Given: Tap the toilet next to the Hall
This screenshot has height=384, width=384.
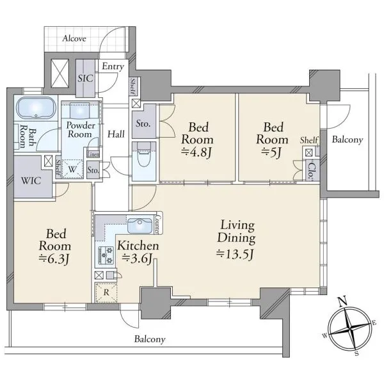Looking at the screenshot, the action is [x=144, y=155].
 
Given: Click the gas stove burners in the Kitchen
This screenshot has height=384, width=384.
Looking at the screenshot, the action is [x=106, y=255].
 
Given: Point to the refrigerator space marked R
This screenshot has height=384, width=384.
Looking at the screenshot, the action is [x=106, y=292].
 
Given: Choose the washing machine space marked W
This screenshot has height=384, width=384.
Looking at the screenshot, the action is [x=72, y=169].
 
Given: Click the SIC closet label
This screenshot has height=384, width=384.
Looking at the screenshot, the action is [x=85, y=78].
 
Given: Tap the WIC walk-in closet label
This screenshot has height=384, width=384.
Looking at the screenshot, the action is [x=31, y=180].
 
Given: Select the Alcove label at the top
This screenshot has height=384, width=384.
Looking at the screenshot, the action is [x=74, y=38].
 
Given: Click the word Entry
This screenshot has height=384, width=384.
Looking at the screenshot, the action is [x=113, y=67].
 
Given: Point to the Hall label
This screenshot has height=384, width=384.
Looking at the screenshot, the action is [x=116, y=134].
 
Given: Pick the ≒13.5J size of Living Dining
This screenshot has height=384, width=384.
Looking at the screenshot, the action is [x=235, y=254].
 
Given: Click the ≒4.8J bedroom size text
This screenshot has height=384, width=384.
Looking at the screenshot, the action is [x=196, y=152].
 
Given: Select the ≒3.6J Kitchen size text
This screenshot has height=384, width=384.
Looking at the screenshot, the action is [x=137, y=259].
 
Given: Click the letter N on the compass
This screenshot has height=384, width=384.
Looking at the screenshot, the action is [x=342, y=301].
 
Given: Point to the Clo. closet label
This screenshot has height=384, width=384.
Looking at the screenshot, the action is [x=311, y=170].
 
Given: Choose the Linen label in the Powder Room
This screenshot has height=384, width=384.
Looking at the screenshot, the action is [x=93, y=154].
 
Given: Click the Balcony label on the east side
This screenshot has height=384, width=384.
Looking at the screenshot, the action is [x=348, y=140].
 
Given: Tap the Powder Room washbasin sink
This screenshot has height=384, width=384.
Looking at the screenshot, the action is [x=80, y=110].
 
